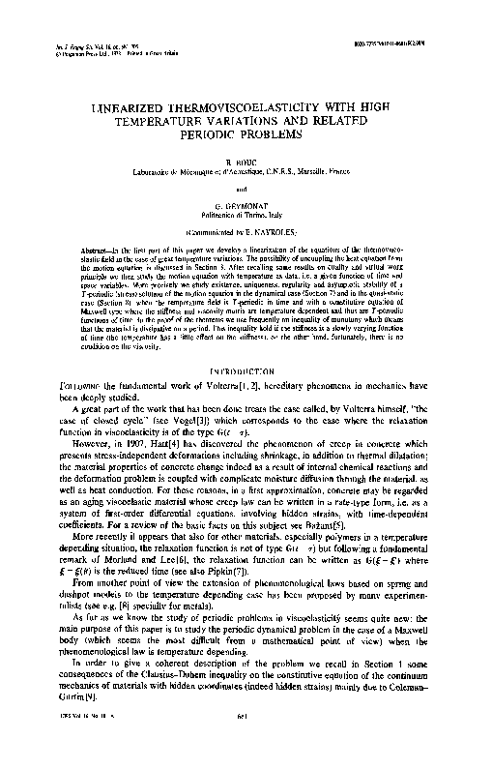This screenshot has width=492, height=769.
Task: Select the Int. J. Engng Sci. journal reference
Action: [x=75, y=46]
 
